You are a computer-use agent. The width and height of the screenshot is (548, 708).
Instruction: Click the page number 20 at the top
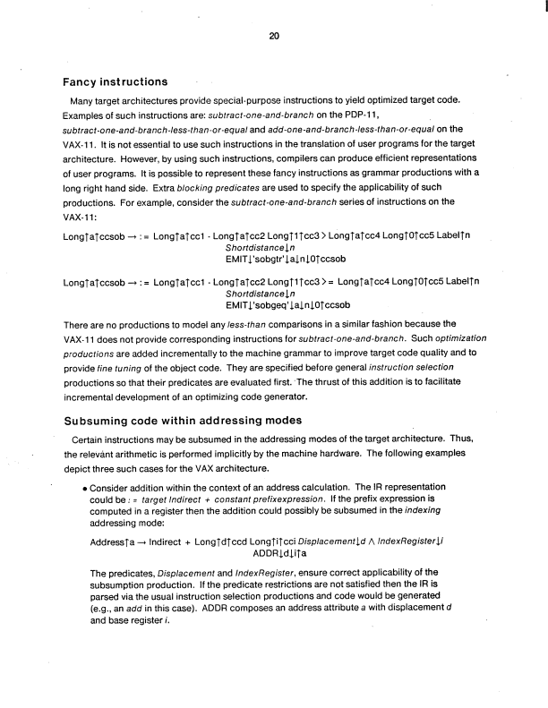pos(273,36)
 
